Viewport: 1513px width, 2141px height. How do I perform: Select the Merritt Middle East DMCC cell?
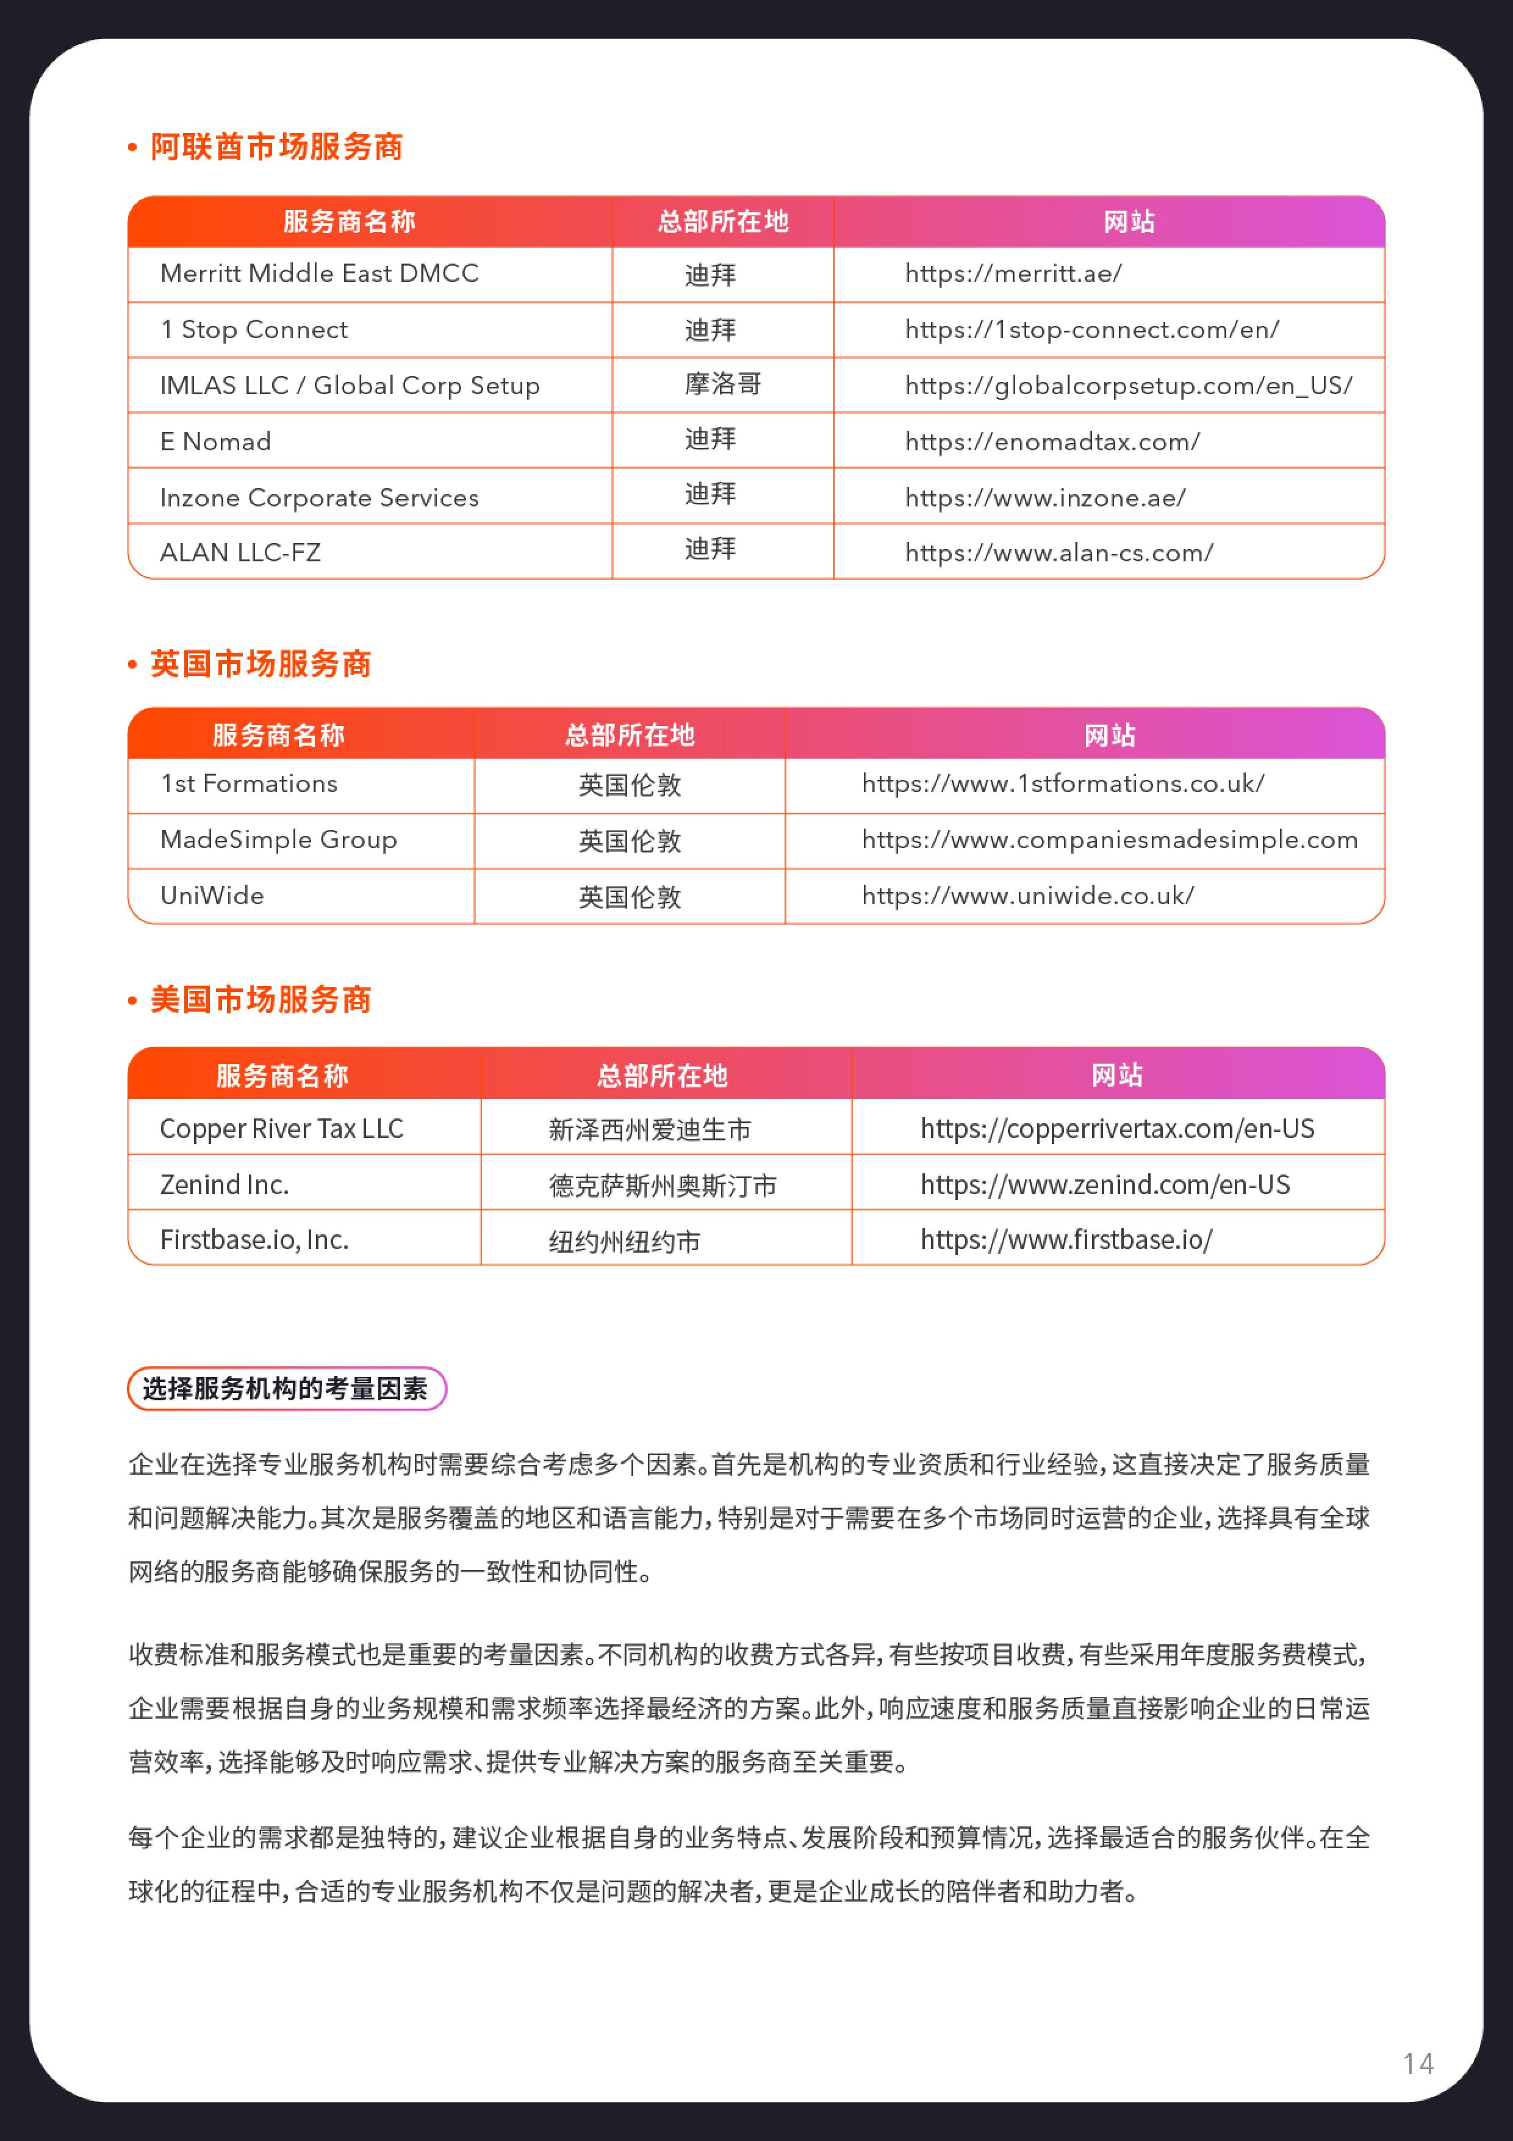click(319, 274)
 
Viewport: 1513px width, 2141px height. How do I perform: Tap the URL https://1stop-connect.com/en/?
click(1091, 330)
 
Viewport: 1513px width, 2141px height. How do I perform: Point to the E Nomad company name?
click(215, 442)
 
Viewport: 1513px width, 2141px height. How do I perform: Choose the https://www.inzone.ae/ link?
click(1045, 498)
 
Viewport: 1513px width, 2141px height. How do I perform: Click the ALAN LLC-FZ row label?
click(240, 553)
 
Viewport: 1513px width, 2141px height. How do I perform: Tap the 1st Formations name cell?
click(249, 784)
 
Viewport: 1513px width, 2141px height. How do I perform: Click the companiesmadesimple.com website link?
click(1109, 840)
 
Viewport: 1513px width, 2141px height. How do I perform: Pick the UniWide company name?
click(212, 896)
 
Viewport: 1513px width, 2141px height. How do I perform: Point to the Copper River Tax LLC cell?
click(281, 1129)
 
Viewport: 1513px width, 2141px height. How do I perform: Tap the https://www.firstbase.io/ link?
click(1066, 1240)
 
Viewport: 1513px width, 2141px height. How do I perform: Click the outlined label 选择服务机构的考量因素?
click(286, 1389)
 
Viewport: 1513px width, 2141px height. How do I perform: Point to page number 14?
click(1417, 2063)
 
